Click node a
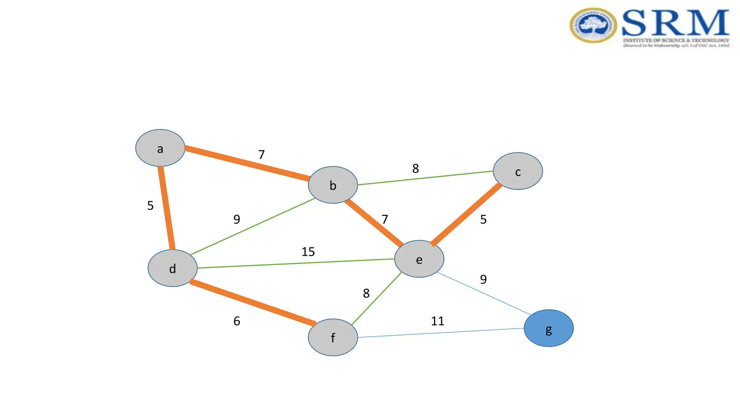(160, 148)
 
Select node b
(333, 185)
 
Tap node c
(518, 171)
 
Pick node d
(173, 268)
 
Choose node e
(419, 259)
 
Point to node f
(333, 337)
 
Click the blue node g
(548, 328)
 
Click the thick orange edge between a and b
(247, 163)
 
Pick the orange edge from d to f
(253, 303)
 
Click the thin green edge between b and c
(425, 178)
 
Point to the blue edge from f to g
(441, 333)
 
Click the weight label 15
(308, 252)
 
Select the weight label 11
(438, 321)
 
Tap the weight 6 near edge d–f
(237, 321)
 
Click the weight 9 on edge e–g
(483, 279)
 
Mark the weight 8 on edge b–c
(416, 168)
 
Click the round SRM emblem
(593, 25)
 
